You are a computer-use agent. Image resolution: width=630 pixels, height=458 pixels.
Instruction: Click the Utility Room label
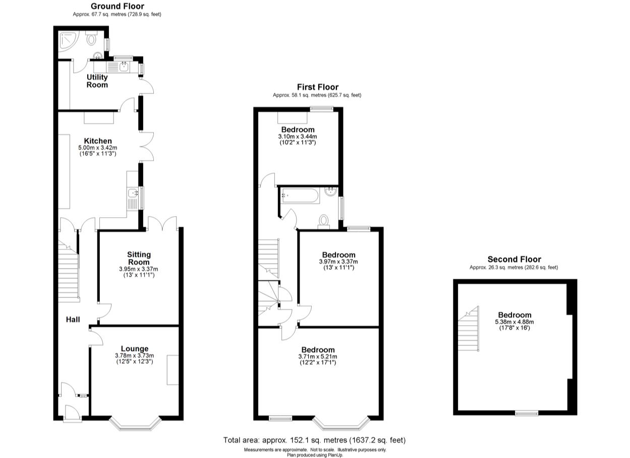click(x=97, y=81)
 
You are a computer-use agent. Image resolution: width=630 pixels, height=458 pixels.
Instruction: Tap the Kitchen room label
click(x=97, y=141)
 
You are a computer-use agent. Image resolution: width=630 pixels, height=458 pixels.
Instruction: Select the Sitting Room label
click(x=138, y=258)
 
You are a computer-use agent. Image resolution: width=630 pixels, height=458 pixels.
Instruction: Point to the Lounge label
click(x=134, y=348)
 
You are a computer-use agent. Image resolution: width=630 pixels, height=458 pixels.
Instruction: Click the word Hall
click(x=74, y=320)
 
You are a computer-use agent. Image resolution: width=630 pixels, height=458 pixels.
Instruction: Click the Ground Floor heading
click(x=117, y=6)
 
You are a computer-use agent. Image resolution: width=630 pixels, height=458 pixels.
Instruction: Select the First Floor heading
click(x=317, y=87)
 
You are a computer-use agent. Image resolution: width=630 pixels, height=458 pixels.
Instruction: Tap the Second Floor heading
click(x=513, y=260)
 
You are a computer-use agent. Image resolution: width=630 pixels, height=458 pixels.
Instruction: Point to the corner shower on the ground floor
click(x=66, y=42)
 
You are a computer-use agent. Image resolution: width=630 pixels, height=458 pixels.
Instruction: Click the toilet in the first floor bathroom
click(x=323, y=221)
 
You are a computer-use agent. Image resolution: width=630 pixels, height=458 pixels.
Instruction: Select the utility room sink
click(x=123, y=65)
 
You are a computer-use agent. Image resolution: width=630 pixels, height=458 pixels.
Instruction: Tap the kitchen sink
click(x=133, y=192)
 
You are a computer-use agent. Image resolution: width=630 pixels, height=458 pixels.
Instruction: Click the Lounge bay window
click(x=135, y=424)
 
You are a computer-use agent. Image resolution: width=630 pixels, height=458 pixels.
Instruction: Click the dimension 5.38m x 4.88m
click(x=514, y=322)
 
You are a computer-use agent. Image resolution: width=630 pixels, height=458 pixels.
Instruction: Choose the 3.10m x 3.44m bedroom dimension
click(x=298, y=136)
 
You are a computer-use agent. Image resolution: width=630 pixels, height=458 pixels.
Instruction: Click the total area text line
click(x=314, y=440)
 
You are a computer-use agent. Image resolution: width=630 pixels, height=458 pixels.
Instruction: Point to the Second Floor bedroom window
click(x=526, y=413)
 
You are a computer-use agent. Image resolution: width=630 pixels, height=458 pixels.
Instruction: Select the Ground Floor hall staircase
click(x=68, y=265)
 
